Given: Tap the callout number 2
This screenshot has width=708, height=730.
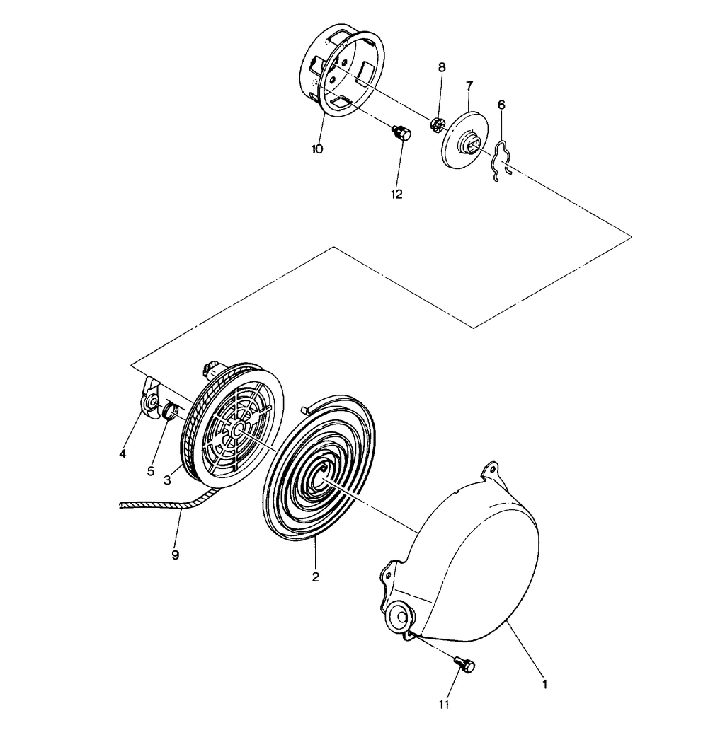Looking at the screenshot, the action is (316, 577).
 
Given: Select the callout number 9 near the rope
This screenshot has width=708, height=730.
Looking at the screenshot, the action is (176, 555).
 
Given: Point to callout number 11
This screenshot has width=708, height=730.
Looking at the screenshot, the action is (444, 705).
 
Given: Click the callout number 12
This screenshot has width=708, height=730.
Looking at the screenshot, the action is (396, 194).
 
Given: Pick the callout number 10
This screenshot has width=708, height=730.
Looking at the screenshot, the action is (317, 149).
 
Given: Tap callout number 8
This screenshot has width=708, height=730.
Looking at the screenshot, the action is (442, 67).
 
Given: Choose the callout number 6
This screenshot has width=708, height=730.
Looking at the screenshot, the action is (501, 105).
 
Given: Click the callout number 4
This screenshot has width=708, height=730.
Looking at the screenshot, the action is (122, 453).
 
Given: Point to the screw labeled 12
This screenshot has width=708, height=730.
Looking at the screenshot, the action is (401, 133).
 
